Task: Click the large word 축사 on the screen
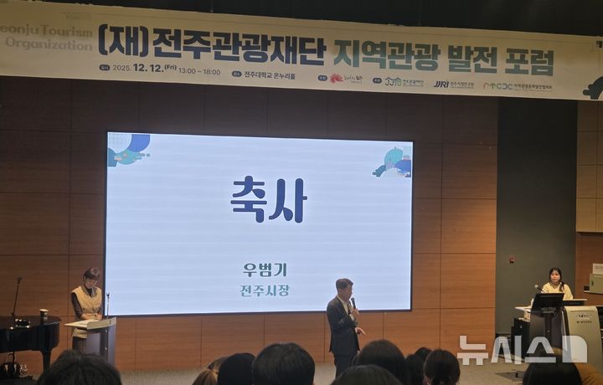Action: click(x=268, y=199)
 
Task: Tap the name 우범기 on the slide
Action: click(x=265, y=269)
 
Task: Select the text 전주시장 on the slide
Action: click(x=265, y=290)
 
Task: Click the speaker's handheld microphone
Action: click(x=353, y=303)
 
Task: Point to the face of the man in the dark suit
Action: click(x=344, y=289)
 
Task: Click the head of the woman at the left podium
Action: click(x=91, y=276)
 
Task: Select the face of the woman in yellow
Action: click(x=554, y=277)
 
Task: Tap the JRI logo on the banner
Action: click(x=441, y=84)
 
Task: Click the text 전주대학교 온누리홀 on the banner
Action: click(x=270, y=75)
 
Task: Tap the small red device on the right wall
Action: click(x=511, y=259)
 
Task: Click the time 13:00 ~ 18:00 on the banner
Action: click(x=199, y=70)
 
